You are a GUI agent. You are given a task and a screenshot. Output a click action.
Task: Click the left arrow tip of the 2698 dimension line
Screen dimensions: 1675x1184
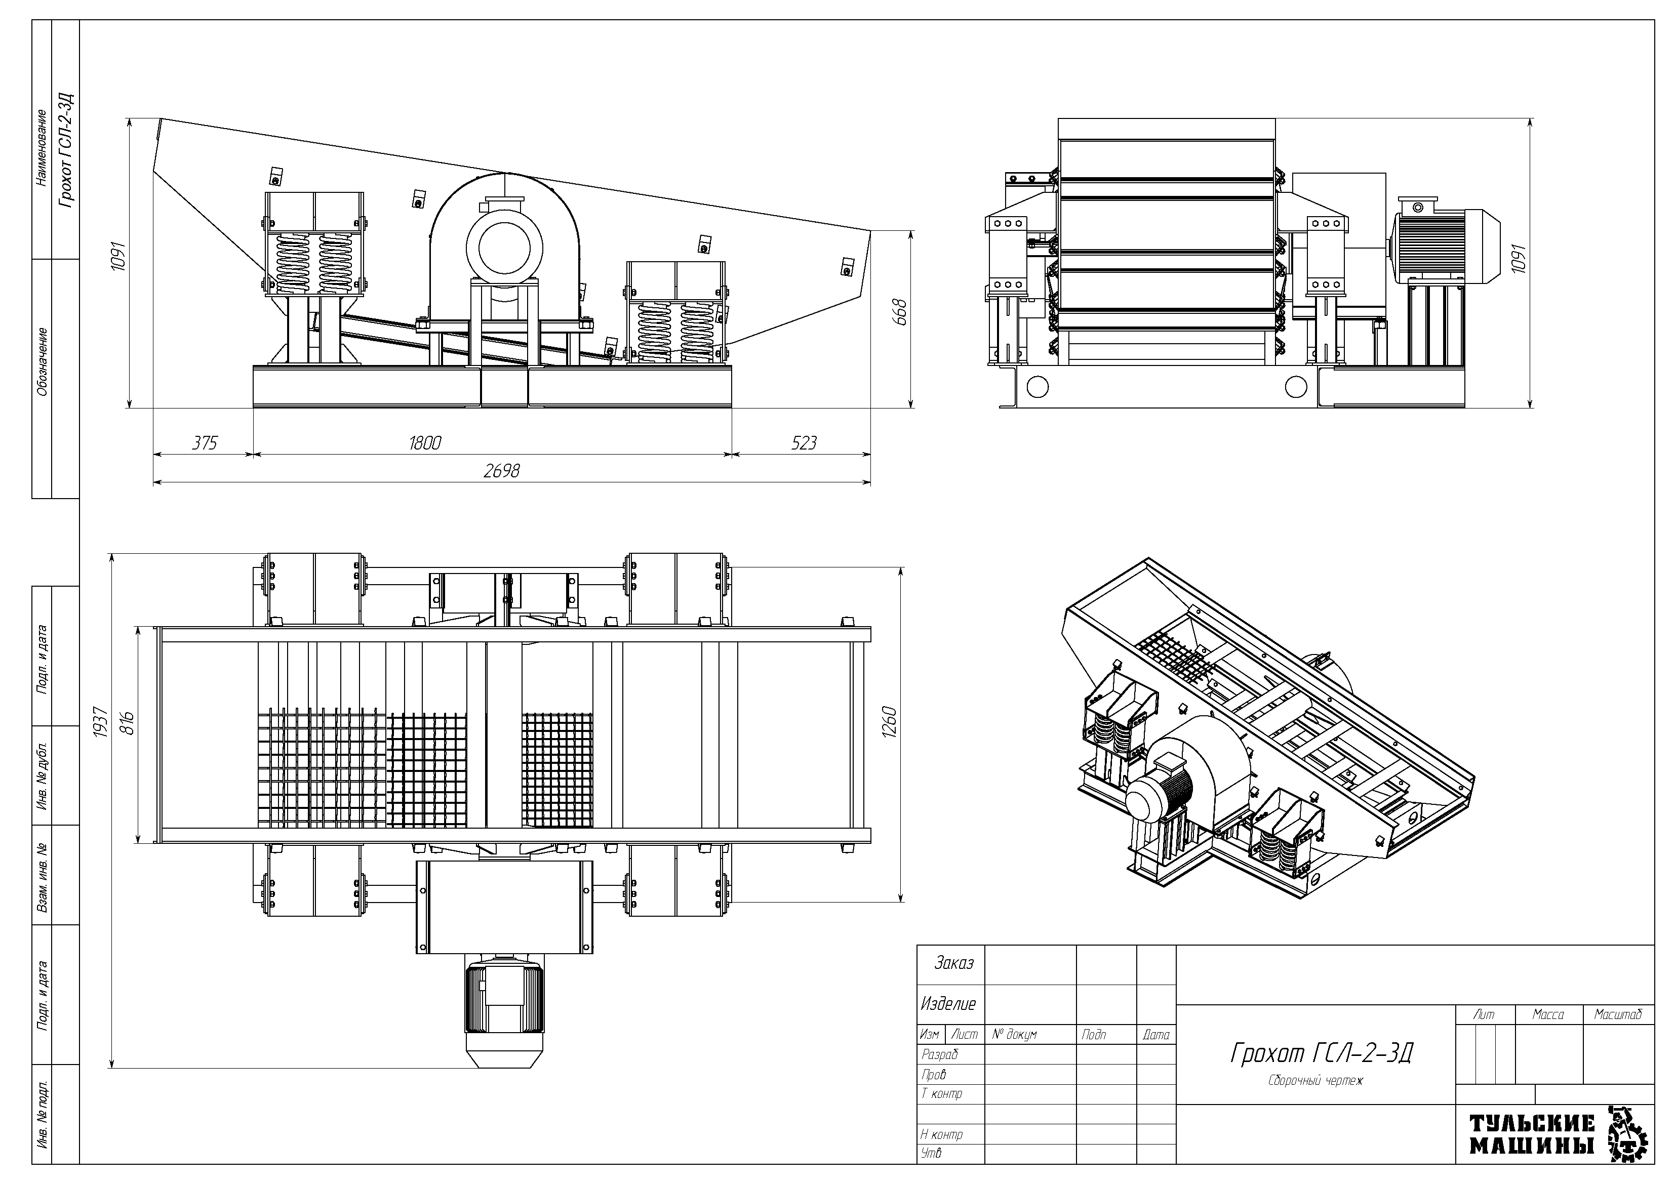(154, 483)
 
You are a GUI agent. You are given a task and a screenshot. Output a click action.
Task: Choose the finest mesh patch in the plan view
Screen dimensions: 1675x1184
(558, 769)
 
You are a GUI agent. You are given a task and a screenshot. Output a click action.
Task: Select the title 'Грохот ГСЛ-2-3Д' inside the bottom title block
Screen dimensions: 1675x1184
(1321, 1053)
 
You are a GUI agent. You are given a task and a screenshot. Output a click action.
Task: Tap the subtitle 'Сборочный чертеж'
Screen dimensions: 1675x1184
(1315, 1080)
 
